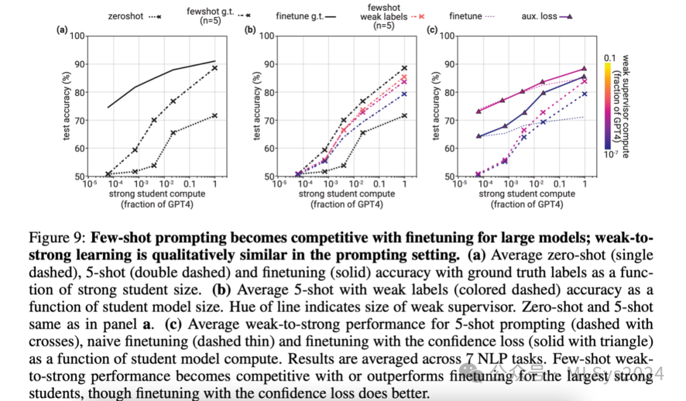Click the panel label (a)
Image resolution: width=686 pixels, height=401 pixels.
pyautogui.click(x=62, y=29)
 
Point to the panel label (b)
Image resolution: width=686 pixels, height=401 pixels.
pyautogui.click(x=251, y=29)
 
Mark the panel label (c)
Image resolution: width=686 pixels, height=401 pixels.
pyautogui.click(x=433, y=29)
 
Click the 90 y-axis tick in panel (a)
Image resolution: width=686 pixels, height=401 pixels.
pyautogui.click(x=79, y=64)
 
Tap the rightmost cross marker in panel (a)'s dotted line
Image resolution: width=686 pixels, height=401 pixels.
pyautogui.click(x=215, y=115)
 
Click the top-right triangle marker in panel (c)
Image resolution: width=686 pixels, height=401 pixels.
pyautogui.click(x=584, y=69)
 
